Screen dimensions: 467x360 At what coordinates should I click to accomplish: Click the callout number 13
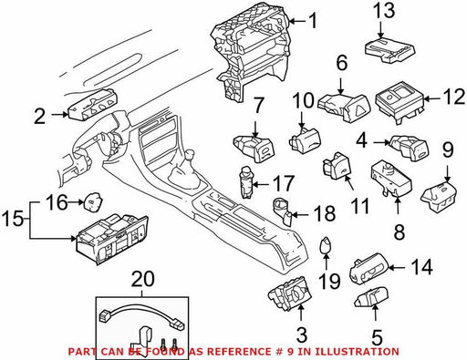(x=384, y=11)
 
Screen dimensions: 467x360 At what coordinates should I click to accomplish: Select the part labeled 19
(x=326, y=244)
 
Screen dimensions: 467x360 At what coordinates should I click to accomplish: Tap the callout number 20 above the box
(x=143, y=279)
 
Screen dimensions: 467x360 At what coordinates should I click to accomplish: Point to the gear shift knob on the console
(x=191, y=154)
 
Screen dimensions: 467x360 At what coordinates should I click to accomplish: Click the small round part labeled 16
(x=94, y=201)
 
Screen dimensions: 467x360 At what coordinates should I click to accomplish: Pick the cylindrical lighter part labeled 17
(x=246, y=181)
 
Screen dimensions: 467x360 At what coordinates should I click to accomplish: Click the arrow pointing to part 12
(x=432, y=98)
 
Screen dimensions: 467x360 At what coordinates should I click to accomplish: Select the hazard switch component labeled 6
(x=344, y=108)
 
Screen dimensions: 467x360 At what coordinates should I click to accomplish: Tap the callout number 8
(x=399, y=231)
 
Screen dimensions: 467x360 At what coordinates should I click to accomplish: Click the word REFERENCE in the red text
(x=238, y=352)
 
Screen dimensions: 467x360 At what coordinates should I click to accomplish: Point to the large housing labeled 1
(x=250, y=52)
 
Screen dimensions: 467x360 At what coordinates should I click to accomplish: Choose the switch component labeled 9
(x=439, y=195)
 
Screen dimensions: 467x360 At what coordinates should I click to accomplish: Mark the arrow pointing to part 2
(x=60, y=115)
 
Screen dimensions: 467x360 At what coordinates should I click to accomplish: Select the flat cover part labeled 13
(x=389, y=50)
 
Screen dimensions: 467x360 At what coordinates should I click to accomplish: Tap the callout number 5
(x=377, y=336)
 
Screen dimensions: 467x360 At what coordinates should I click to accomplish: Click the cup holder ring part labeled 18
(x=284, y=211)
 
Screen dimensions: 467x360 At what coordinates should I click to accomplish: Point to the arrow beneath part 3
(x=301, y=313)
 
